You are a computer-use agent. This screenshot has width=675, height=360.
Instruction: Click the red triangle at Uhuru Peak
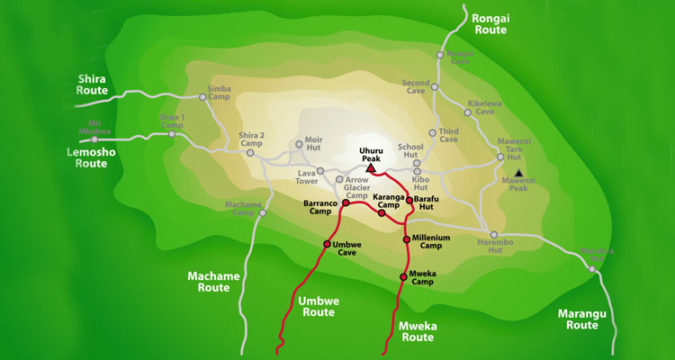[x=370, y=168]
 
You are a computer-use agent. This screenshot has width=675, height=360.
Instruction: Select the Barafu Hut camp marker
[x=409, y=200]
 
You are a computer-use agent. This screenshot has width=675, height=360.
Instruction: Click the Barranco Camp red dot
[x=345, y=203]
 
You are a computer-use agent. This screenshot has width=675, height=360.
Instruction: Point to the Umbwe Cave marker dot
[x=327, y=244]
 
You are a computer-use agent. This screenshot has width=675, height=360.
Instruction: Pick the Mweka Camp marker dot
[x=403, y=276]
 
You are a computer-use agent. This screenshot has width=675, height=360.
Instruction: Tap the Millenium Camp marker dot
[x=407, y=239]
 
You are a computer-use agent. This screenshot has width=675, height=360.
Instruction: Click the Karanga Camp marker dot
[x=382, y=213]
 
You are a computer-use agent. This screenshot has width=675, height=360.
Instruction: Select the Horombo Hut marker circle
[x=494, y=235]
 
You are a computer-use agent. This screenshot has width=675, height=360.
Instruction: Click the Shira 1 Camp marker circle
[x=172, y=135]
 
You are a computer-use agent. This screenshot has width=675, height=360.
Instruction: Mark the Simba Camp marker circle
[x=202, y=97]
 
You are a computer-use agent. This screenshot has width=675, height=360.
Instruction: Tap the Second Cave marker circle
[x=434, y=87]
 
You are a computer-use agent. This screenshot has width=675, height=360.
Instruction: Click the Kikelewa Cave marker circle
[x=468, y=113]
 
